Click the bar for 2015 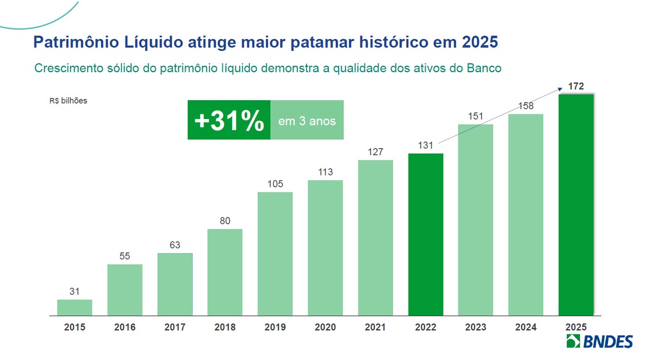74,307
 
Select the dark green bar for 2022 426,234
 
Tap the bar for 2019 275,254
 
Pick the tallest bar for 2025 576,204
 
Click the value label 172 576,86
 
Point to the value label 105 275,184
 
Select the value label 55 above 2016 125,256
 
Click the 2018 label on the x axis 225,327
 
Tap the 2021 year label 375,327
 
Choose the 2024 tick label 526,327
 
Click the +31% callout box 229,120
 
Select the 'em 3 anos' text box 307,121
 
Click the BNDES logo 599,342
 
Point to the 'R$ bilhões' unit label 68,101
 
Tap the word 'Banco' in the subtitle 484,68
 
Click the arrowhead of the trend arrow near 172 559,88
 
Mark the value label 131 426,145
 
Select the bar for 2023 476,219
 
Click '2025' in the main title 478,42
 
